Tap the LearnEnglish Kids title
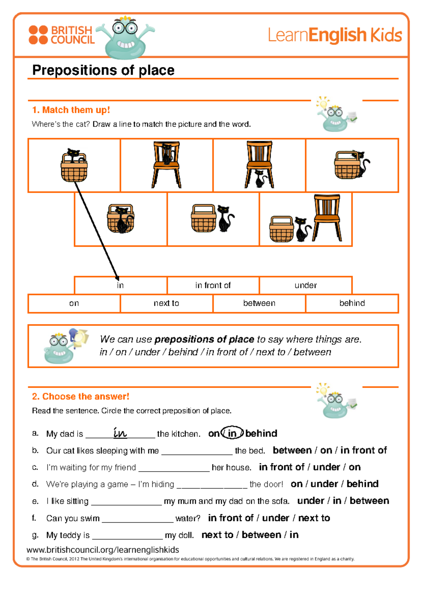click(335, 35)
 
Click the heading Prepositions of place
click(103, 70)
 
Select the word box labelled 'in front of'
click(213, 285)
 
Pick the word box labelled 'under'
click(306, 285)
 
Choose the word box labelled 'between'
click(259, 303)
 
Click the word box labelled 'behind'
click(352, 303)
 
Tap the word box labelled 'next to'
click(166, 303)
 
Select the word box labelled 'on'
click(74, 303)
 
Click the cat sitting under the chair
click(260, 178)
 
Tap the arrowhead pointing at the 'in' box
click(117, 278)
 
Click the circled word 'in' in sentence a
click(232, 433)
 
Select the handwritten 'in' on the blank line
click(120, 433)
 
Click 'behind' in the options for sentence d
click(362, 484)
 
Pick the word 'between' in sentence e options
click(369, 501)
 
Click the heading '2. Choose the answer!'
click(81, 396)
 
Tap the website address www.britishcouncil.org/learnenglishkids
click(103, 550)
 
